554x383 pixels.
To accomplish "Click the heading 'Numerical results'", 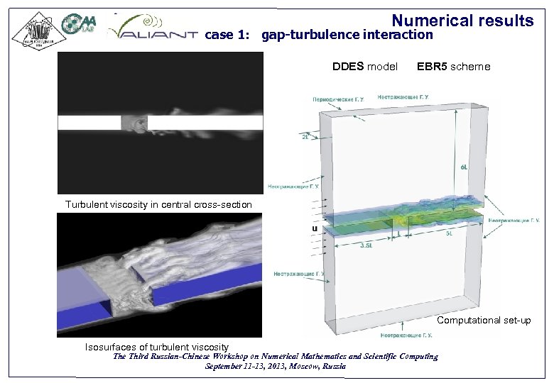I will pyautogui.click(x=462, y=21).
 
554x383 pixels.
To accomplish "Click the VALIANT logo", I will pyautogui.click(x=152, y=30).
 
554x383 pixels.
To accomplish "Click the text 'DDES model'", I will pyautogui.click(x=365, y=67).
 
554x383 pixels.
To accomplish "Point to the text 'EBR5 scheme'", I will pyautogui.click(x=453, y=67).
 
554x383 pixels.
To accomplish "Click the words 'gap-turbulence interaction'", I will pyautogui.click(x=347, y=35).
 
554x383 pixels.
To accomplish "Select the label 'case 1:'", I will pyautogui.click(x=227, y=35).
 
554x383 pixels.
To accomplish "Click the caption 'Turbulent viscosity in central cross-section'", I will pyautogui.click(x=158, y=204).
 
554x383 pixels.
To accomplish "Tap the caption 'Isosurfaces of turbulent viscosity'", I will pyautogui.click(x=156, y=346).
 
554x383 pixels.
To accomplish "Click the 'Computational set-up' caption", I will pyautogui.click(x=484, y=320).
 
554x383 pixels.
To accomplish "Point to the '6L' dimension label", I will pyautogui.click(x=464, y=167).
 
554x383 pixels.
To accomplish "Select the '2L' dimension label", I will pyautogui.click(x=305, y=138).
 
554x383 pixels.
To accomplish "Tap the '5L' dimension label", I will pyautogui.click(x=449, y=232).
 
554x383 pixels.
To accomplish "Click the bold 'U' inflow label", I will pyautogui.click(x=313, y=228).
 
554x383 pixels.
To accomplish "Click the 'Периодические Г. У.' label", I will pyautogui.click(x=338, y=100).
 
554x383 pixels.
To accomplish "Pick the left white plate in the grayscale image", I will pyautogui.click(x=89, y=123).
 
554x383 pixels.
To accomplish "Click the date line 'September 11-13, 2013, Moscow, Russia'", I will pyautogui.click(x=276, y=366).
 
